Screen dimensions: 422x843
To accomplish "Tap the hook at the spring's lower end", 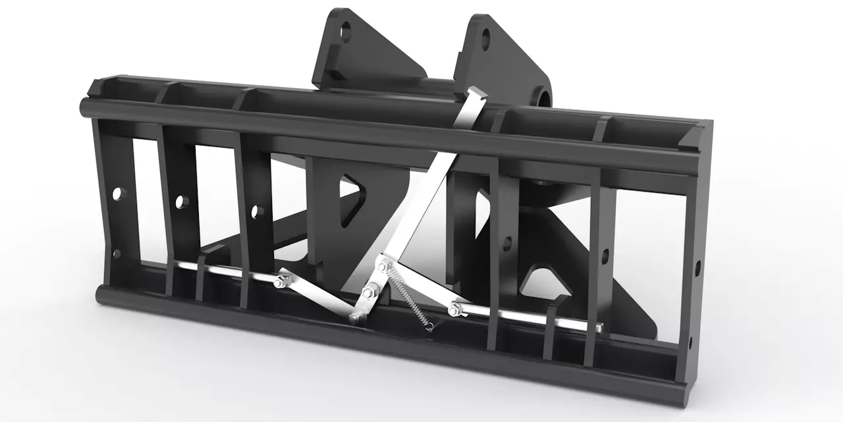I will pyautogui.click(x=429, y=324).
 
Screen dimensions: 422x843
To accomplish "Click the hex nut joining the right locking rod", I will pyautogui.click(x=452, y=308).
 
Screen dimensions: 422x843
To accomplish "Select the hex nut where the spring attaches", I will pyautogui.click(x=382, y=267).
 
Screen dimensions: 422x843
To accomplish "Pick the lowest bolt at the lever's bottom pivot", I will pyautogui.click(x=354, y=319).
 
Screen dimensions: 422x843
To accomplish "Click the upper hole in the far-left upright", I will pyautogui.click(x=118, y=194).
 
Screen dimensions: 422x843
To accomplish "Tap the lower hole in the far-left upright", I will pyautogui.click(x=117, y=253).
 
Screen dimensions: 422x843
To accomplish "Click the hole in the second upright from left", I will pyautogui.click(x=180, y=201).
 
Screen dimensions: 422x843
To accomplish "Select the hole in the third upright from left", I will pyautogui.click(x=256, y=211).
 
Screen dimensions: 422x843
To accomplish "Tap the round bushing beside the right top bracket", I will pyautogui.click(x=543, y=97).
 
